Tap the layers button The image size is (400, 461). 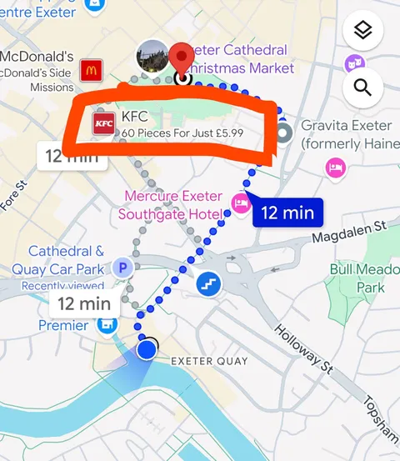362,32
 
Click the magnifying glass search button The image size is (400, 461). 362,88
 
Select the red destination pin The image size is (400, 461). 181,61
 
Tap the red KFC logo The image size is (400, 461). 104,125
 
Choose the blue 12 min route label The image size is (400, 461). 287,213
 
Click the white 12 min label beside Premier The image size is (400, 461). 84,303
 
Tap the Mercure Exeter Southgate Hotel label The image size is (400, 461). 172,206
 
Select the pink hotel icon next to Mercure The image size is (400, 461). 242,202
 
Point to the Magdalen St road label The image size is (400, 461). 350,233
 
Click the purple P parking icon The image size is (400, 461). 123,268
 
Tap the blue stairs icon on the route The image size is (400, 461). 207,284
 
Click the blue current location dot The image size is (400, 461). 147,348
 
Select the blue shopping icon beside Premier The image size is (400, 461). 107,325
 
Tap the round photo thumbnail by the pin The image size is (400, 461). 152,55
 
